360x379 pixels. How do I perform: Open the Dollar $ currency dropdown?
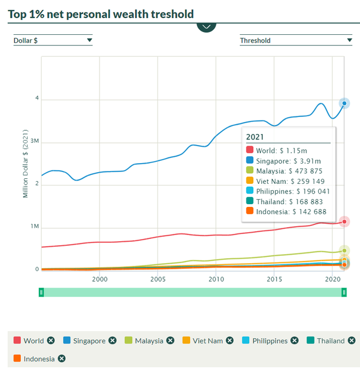53,40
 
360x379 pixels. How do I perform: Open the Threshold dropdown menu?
296,40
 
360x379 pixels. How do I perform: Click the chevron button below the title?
206,26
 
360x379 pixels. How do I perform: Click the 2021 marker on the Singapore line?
344,103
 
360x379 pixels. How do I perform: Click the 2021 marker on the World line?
344,222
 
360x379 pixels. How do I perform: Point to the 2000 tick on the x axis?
100,279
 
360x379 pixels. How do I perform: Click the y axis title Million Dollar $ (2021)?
25,164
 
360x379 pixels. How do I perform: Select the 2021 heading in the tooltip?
255,137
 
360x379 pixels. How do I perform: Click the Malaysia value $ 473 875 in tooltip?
307,171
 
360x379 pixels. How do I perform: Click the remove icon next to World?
51,341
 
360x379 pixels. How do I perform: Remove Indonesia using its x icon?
62,359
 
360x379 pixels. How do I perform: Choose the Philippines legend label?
269,341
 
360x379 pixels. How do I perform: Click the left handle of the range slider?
41,292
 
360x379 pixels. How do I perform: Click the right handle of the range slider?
344,292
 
